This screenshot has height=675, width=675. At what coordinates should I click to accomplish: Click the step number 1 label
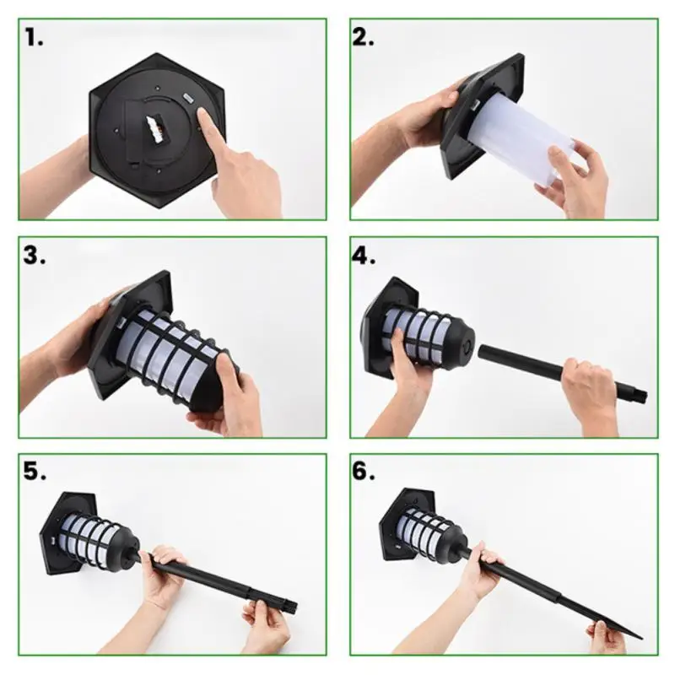point(34,37)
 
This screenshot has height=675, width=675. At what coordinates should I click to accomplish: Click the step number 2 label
point(363,37)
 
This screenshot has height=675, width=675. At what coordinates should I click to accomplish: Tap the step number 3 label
point(35,256)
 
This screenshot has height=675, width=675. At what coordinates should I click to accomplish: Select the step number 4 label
point(364,256)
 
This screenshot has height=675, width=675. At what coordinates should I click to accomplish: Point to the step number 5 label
point(35,472)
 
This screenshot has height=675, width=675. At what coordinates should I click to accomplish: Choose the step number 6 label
point(364,472)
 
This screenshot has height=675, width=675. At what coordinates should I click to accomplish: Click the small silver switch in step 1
point(187,97)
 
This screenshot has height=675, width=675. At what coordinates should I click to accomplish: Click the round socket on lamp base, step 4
point(467,347)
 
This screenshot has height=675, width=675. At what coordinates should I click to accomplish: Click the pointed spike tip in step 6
point(642,639)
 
